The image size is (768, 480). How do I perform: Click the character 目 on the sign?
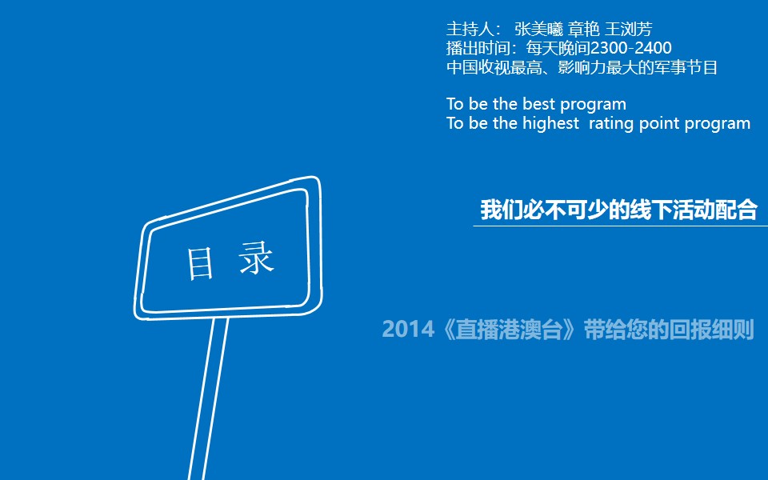point(200,263)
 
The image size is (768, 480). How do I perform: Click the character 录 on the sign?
point(256,258)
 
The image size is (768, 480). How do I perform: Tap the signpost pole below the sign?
point(208,398)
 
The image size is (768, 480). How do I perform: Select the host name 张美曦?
point(538,30)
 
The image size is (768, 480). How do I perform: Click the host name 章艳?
point(584,30)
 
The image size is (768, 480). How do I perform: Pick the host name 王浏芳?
point(629,30)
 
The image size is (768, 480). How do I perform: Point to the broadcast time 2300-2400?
point(631,48)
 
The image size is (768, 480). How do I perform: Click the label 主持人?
point(470,30)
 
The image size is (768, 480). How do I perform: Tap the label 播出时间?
point(478,48)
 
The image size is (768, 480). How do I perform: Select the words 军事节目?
point(686,67)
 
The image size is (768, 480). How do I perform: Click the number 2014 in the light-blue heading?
point(408,329)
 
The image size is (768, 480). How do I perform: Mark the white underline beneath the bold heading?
point(621,226)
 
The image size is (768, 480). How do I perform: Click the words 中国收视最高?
point(494,67)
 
